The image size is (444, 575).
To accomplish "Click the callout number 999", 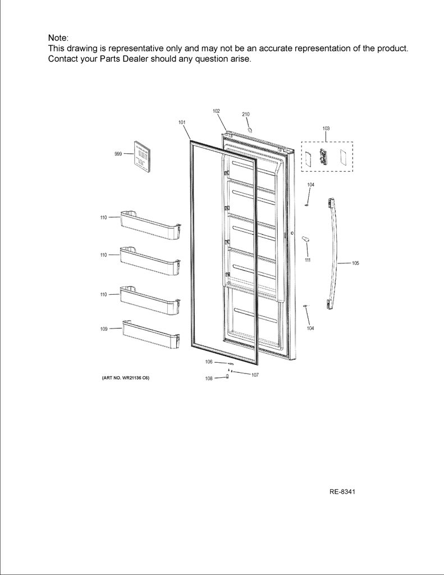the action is click(x=118, y=154).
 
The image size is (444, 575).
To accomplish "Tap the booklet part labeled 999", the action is click(x=141, y=157).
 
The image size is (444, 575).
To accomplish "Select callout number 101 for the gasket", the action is click(x=182, y=122).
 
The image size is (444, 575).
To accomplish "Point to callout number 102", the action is click(x=216, y=111).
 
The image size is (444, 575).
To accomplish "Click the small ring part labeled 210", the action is click(x=250, y=130).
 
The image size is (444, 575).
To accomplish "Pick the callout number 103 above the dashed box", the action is click(x=326, y=129).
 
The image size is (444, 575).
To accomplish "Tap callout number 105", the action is click(x=355, y=263).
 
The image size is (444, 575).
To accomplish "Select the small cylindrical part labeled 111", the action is click(x=305, y=239).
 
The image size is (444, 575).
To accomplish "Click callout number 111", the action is click(x=308, y=260).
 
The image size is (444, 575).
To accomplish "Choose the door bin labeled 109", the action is click(x=151, y=334).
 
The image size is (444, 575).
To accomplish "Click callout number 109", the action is click(x=104, y=329).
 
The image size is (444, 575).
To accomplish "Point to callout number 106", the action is click(x=209, y=362).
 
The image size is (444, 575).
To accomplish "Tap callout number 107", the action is click(x=255, y=375).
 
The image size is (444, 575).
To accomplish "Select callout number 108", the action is click(x=209, y=378).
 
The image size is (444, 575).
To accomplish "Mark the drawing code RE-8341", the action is click(x=342, y=492).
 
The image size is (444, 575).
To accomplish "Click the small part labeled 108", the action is click(x=227, y=376).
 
